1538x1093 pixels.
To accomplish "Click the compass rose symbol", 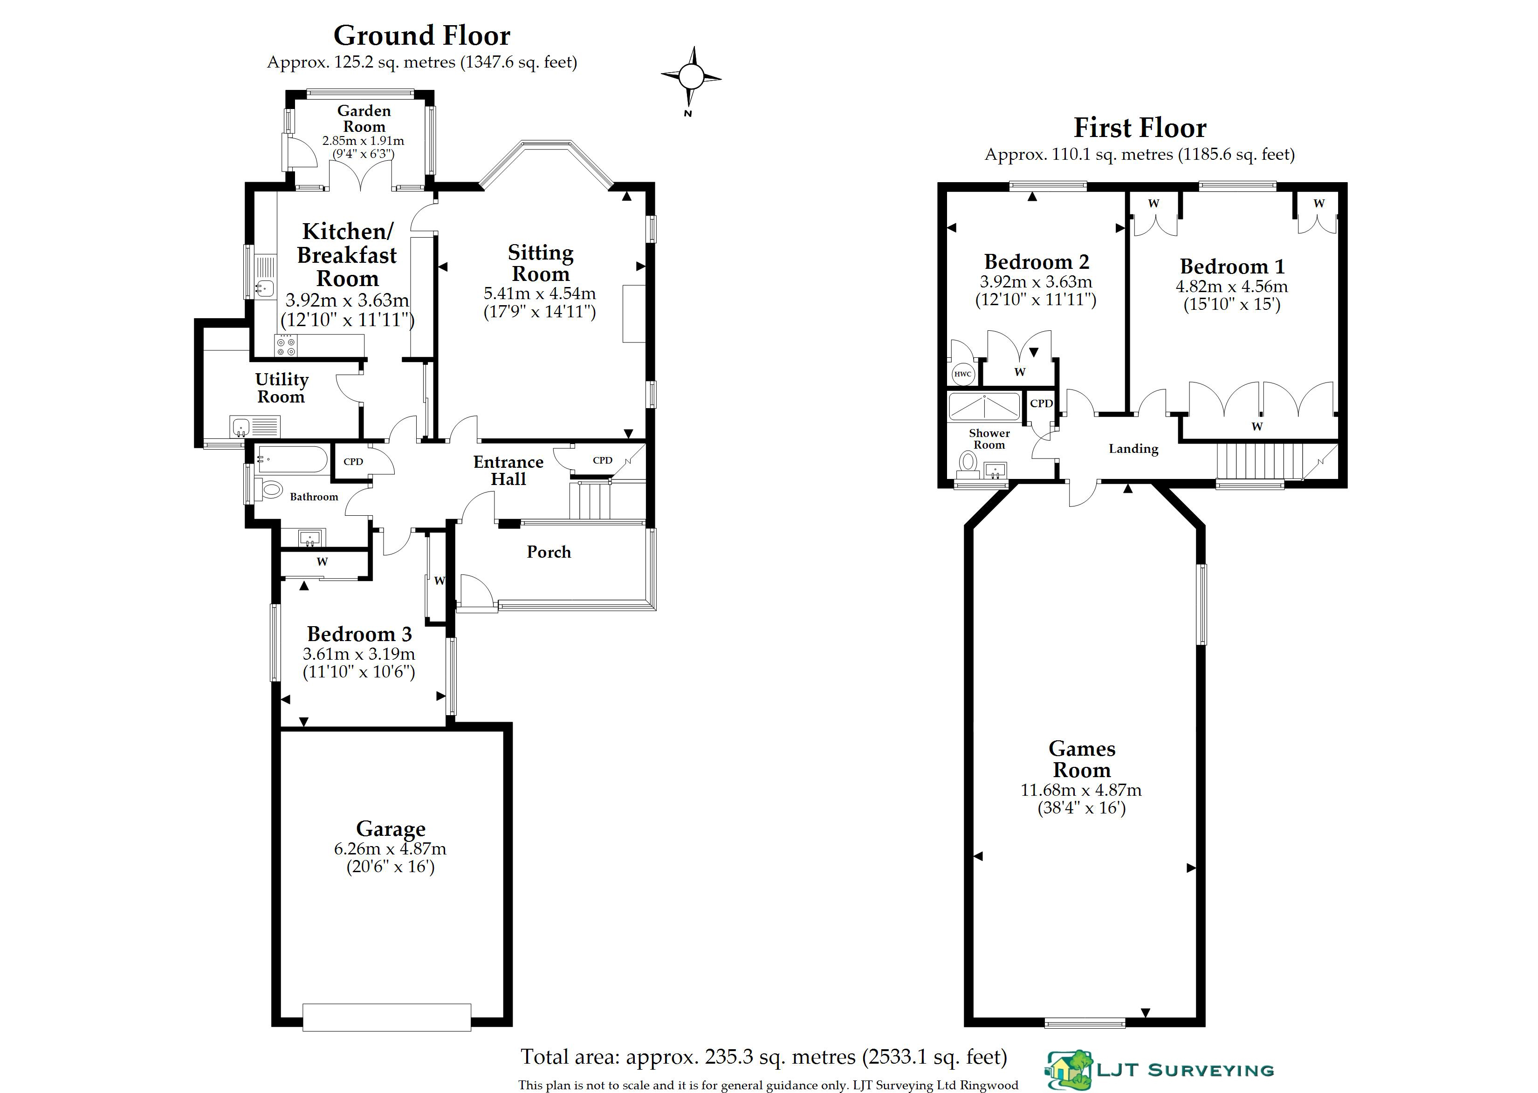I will click(691, 77).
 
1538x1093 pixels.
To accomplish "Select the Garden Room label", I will click(364, 118).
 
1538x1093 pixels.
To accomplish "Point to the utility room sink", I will click(241, 427).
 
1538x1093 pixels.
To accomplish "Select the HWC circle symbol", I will click(962, 374).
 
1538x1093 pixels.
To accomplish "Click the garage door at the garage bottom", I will click(386, 1017).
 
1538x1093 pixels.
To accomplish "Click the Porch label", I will click(549, 552).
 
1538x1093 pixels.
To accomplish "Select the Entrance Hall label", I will click(508, 471).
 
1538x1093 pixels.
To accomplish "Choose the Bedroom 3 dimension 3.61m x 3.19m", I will click(359, 654).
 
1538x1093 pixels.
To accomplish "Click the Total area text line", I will click(763, 1057).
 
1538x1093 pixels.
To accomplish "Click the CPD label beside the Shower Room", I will click(1041, 403).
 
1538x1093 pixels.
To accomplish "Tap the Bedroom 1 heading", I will click(1232, 266).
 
